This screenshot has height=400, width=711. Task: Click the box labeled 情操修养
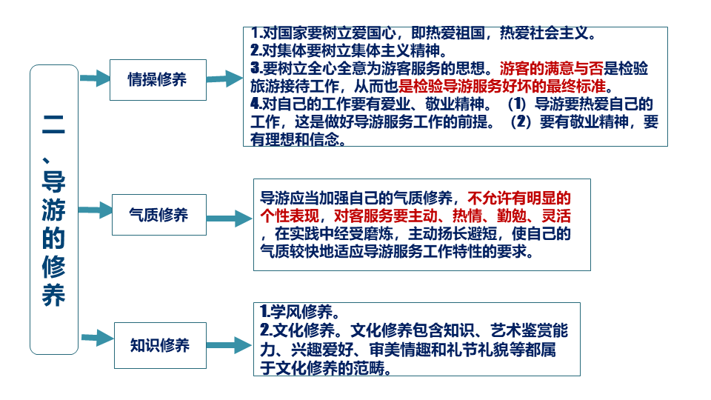coord(157,79)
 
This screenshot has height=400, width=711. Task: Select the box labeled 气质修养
coord(158,215)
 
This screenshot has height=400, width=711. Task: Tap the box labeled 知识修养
coord(159,345)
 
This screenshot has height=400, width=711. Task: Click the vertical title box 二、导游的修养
coord(54,209)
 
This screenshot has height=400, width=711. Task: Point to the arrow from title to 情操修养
coord(94,79)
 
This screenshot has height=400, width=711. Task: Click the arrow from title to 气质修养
coord(94,210)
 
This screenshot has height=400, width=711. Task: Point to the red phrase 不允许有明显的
coord(519,199)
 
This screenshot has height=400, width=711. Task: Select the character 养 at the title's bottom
coord(53,294)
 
